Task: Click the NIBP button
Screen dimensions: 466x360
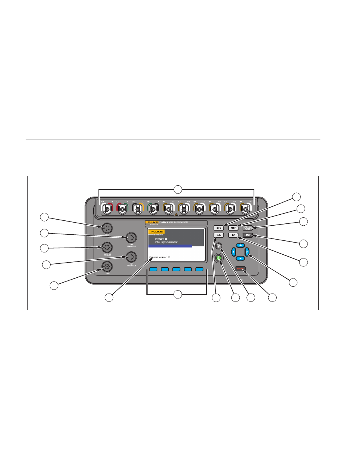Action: coord(234,228)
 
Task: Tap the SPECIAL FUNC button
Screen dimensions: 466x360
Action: coord(247,228)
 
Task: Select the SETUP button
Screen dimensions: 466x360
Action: coord(247,235)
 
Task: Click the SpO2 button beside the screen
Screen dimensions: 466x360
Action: coord(218,235)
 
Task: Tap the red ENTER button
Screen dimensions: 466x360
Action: coord(240,269)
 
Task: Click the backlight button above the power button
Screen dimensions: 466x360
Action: coord(218,246)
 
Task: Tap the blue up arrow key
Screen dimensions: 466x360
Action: coord(240,245)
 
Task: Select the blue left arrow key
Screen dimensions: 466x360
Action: coord(234,252)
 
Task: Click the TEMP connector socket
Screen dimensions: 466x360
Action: coord(107,228)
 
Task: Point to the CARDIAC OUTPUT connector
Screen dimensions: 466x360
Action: coord(107,248)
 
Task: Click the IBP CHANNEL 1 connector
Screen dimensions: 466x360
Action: coord(131,238)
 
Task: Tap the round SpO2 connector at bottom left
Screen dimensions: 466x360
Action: coord(107,266)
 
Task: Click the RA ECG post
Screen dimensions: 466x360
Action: coord(107,209)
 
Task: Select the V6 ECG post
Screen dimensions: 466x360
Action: coord(246,209)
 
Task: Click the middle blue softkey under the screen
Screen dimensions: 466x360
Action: coord(176,269)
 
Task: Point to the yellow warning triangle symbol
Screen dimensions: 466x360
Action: coord(176,214)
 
